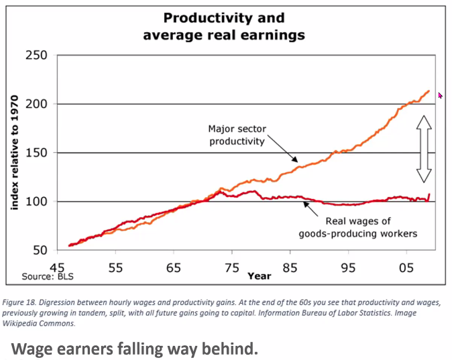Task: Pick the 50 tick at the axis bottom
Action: pyautogui.click(x=40, y=250)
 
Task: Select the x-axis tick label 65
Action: pyautogui.click(x=174, y=267)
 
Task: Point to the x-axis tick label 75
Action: pyautogui.click(x=232, y=267)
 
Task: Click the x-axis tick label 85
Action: pyautogui.click(x=290, y=267)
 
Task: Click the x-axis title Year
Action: pyautogui.click(x=259, y=276)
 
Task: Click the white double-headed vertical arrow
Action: pyautogui.click(x=423, y=148)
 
